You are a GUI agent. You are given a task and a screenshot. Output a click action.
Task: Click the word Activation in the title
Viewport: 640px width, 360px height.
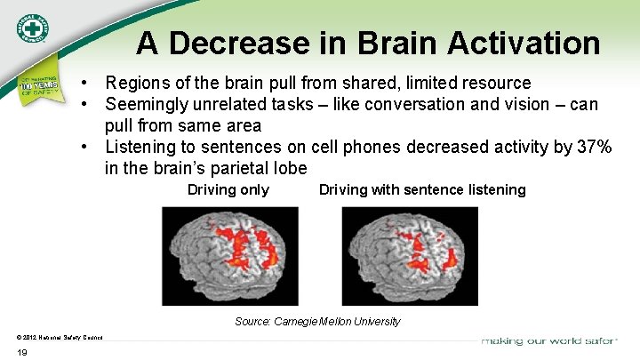[524, 42]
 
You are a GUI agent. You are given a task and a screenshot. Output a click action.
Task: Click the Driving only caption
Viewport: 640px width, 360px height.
[228, 189]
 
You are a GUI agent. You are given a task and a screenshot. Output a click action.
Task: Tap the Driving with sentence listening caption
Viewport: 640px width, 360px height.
[422, 189]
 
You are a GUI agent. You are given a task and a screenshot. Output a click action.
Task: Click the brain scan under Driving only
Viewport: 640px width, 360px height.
[229, 255]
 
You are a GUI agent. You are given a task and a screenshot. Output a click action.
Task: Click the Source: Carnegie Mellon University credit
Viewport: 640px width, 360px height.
[317, 321]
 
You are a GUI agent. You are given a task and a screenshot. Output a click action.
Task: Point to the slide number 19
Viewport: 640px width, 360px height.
[22, 352]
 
